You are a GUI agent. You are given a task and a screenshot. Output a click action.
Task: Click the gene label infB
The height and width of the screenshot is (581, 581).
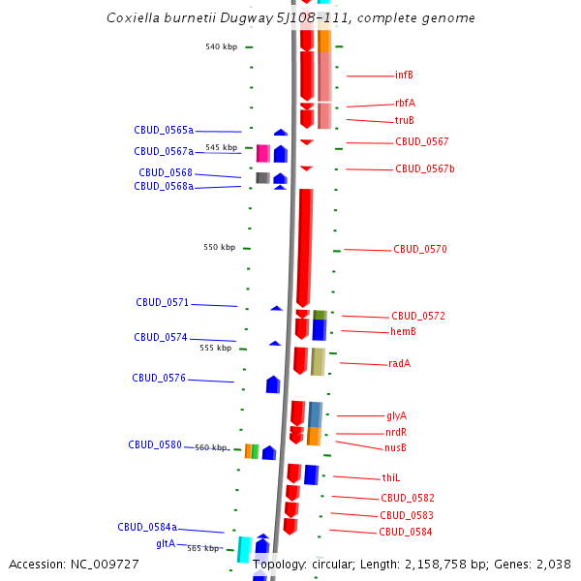coord(404,76)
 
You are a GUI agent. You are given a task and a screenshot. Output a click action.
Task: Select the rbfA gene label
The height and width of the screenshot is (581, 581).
coord(405,103)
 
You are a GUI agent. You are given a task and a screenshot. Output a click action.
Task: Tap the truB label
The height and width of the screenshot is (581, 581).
coord(404,121)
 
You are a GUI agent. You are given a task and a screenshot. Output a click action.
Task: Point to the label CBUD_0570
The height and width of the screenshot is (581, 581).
coord(419,250)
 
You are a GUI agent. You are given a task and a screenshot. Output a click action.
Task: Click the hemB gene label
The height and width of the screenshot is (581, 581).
coord(403,332)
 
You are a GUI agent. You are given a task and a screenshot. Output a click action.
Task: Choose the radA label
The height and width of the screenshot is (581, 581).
coord(399,364)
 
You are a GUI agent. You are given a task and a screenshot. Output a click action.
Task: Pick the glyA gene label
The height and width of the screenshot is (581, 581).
coord(396,415)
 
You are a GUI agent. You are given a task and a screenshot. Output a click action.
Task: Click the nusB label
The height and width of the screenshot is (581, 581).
coord(395,448)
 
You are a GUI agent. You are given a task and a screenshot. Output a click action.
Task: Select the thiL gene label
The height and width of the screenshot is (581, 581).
coord(391,478)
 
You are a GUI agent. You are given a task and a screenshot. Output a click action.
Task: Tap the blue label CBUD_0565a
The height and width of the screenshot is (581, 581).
coord(164,130)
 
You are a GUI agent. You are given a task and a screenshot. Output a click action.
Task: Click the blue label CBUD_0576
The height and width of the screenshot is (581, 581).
coord(159,379)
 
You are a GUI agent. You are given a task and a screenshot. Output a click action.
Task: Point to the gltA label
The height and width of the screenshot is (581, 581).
coord(166,544)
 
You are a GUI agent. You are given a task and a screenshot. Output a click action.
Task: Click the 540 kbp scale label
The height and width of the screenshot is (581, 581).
coord(221,46)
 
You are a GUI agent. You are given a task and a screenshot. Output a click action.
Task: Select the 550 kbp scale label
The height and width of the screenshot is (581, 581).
coord(219,248)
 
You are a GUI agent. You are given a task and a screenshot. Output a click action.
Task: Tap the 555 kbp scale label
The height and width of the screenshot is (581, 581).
coord(215,348)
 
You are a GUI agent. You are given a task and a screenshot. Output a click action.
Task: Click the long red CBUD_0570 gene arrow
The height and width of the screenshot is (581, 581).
coord(305,247)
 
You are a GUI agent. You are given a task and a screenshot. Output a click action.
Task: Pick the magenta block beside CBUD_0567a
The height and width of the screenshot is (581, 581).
coord(262,153)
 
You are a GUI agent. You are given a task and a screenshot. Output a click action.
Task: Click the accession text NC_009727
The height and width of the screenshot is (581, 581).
coord(107,565)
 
